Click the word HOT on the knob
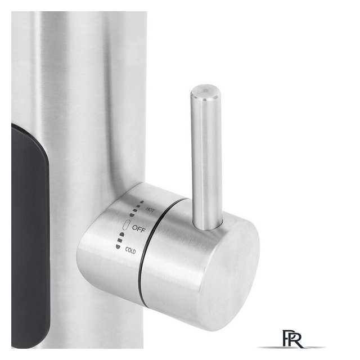[150, 210]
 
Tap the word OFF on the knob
[139, 228]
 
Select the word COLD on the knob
[130, 250]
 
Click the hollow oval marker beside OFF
[127, 225]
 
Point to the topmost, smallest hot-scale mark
[142, 202]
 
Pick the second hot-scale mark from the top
[139, 206]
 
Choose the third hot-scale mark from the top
[136, 210]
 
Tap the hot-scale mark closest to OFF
[132, 215]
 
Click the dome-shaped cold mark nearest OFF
[121, 235]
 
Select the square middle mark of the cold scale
[119, 240]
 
